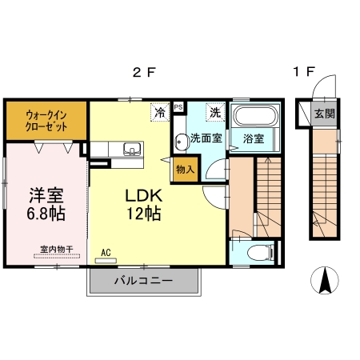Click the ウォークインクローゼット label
tap(45, 121)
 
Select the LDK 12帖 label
tap(144, 205)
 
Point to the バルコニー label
tap(142, 281)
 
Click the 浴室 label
tap(254, 138)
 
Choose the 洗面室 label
tap(206, 138)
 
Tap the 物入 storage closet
tap(185, 170)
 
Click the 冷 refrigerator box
tap(161, 113)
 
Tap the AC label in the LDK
tap(105, 253)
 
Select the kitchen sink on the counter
tap(131, 148)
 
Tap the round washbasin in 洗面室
tap(181, 138)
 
